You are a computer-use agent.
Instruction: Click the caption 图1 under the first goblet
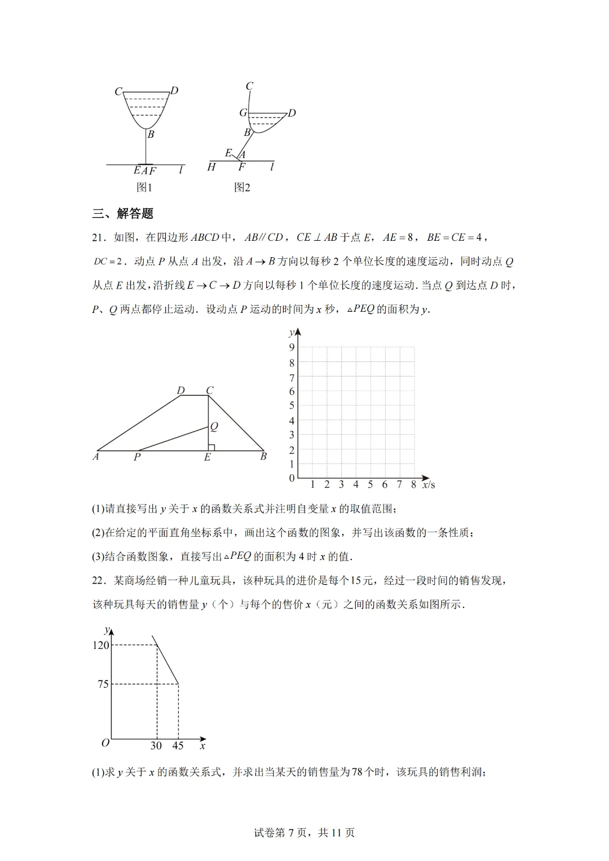144,187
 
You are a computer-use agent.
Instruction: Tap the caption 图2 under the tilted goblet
242,187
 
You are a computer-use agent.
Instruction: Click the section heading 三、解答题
122,214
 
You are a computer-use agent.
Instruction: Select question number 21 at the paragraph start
99,237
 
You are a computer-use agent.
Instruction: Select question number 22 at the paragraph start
99,580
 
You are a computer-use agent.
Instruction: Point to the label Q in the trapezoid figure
214,427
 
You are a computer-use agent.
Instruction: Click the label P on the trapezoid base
136,457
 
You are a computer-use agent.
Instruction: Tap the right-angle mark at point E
211,448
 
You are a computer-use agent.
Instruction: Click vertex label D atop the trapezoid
180,390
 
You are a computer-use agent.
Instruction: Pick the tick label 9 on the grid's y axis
292,347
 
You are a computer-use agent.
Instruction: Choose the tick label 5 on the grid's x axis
370,484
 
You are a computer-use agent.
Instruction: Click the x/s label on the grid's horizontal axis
429,484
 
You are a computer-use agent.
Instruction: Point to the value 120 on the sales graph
100,645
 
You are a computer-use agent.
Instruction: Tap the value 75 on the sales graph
103,684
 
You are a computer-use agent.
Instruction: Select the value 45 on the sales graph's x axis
178,745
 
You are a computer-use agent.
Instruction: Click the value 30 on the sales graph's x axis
156,745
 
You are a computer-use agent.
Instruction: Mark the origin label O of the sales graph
105,743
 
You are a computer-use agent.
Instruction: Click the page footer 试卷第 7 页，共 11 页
304,832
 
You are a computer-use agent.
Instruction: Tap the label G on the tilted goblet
243,113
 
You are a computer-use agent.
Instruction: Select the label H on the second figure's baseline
211,167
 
